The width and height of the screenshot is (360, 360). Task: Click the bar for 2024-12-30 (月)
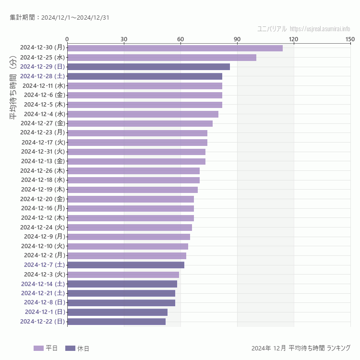tap(175, 48)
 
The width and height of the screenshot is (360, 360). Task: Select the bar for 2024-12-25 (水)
tap(162, 58)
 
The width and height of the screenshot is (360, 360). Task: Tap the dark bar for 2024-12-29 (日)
tap(148, 67)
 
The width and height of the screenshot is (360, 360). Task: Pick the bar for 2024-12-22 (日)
tap(116, 322)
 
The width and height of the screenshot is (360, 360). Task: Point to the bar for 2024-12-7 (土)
tap(126, 265)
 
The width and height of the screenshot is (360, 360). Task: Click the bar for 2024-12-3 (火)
tap(123, 275)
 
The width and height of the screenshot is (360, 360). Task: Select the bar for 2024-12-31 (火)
tap(136, 152)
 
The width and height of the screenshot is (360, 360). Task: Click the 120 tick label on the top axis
tap(294, 39)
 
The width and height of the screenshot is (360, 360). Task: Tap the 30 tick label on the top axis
tap(124, 39)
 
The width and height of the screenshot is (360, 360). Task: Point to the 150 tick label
tap(350, 39)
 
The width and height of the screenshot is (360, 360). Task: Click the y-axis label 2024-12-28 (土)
tap(43, 76)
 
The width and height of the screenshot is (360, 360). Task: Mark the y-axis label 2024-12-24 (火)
tap(43, 227)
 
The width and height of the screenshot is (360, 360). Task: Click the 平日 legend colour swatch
tap(38, 348)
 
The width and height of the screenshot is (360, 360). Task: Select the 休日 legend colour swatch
tap(70, 348)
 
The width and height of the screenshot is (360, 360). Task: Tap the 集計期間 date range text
tap(60, 18)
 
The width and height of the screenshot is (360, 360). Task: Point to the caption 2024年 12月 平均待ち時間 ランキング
tap(300, 348)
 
